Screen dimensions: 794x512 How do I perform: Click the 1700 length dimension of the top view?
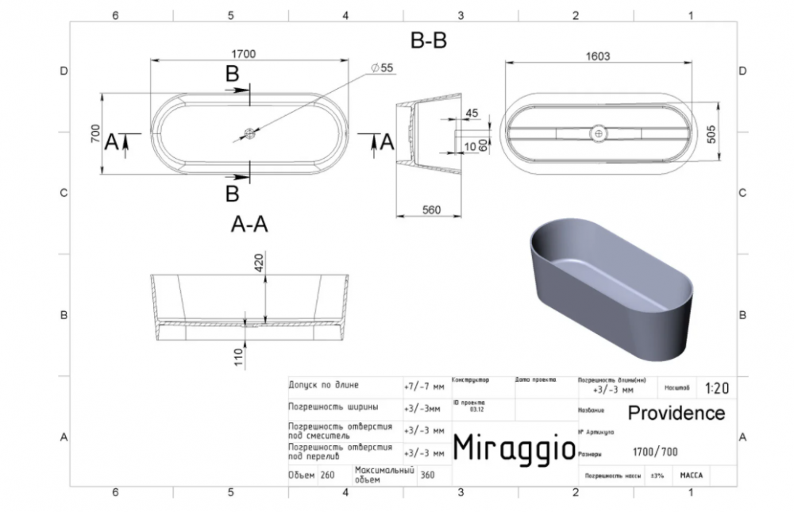(244, 54)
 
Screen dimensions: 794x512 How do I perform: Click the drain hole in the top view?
(249, 134)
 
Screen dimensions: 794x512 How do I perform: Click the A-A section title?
(249, 225)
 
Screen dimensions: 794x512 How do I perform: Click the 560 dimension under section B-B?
(430, 210)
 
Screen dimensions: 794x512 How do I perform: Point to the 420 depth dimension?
(259, 264)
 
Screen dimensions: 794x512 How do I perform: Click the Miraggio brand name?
(513, 448)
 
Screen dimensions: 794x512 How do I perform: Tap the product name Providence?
(676, 414)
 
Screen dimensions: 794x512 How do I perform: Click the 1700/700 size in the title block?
(655, 452)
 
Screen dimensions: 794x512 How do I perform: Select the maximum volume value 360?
(427, 475)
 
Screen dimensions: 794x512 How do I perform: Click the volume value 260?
(326, 475)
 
